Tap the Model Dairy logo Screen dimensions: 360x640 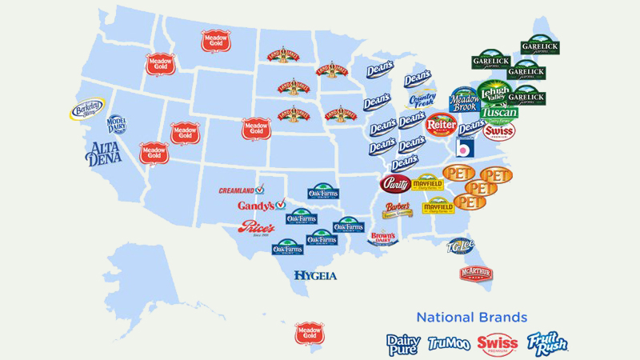[x=117, y=124]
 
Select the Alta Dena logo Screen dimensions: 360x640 [x=102, y=153]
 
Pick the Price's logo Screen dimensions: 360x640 [x=256, y=228]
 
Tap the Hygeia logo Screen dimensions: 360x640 [x=315, y=275]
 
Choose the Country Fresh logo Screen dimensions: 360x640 [x=422, y=100]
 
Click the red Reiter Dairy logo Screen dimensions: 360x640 [x=441, y=125]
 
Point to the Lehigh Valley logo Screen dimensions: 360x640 [x=494, y=91]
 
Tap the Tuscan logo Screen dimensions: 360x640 [x=498, y=113]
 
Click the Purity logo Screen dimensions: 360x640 [x=395, y=184]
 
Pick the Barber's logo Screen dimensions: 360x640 [x=398, y=210]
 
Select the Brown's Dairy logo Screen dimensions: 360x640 [x=383, y=237]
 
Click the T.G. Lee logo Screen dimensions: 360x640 [x=462, y=246]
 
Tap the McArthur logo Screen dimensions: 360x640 [x=476, y=274]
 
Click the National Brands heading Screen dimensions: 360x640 [x=471, y=316]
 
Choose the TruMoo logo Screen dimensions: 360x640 [x=449, y=343]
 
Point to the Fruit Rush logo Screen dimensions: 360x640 [x=547, y=342]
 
